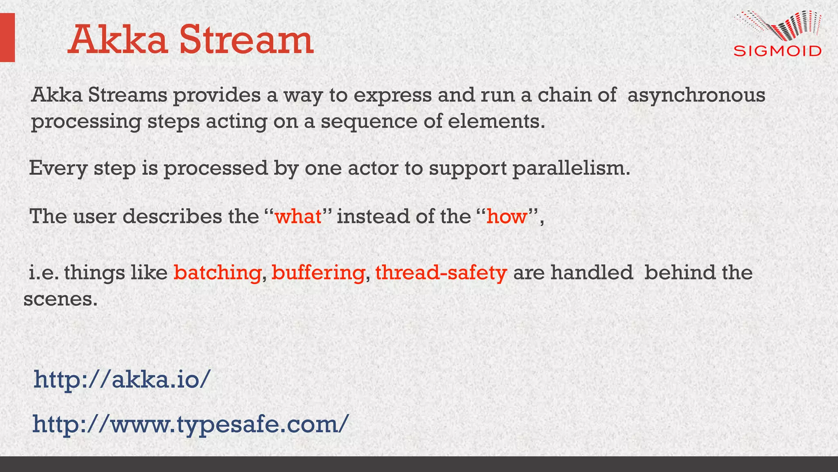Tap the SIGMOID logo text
point(777,51)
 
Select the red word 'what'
point(298,216)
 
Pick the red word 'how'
point(507,216)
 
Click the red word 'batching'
point(217,273)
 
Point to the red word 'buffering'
point(318,273)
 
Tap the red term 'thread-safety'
point(441,273)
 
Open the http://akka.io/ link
point(122,379)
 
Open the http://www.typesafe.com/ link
point(191,424)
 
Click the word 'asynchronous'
point(696,96)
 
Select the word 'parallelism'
point(571,168)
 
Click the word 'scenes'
point(60,299)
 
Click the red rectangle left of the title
point(7,37)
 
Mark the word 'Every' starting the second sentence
point(58,168)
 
